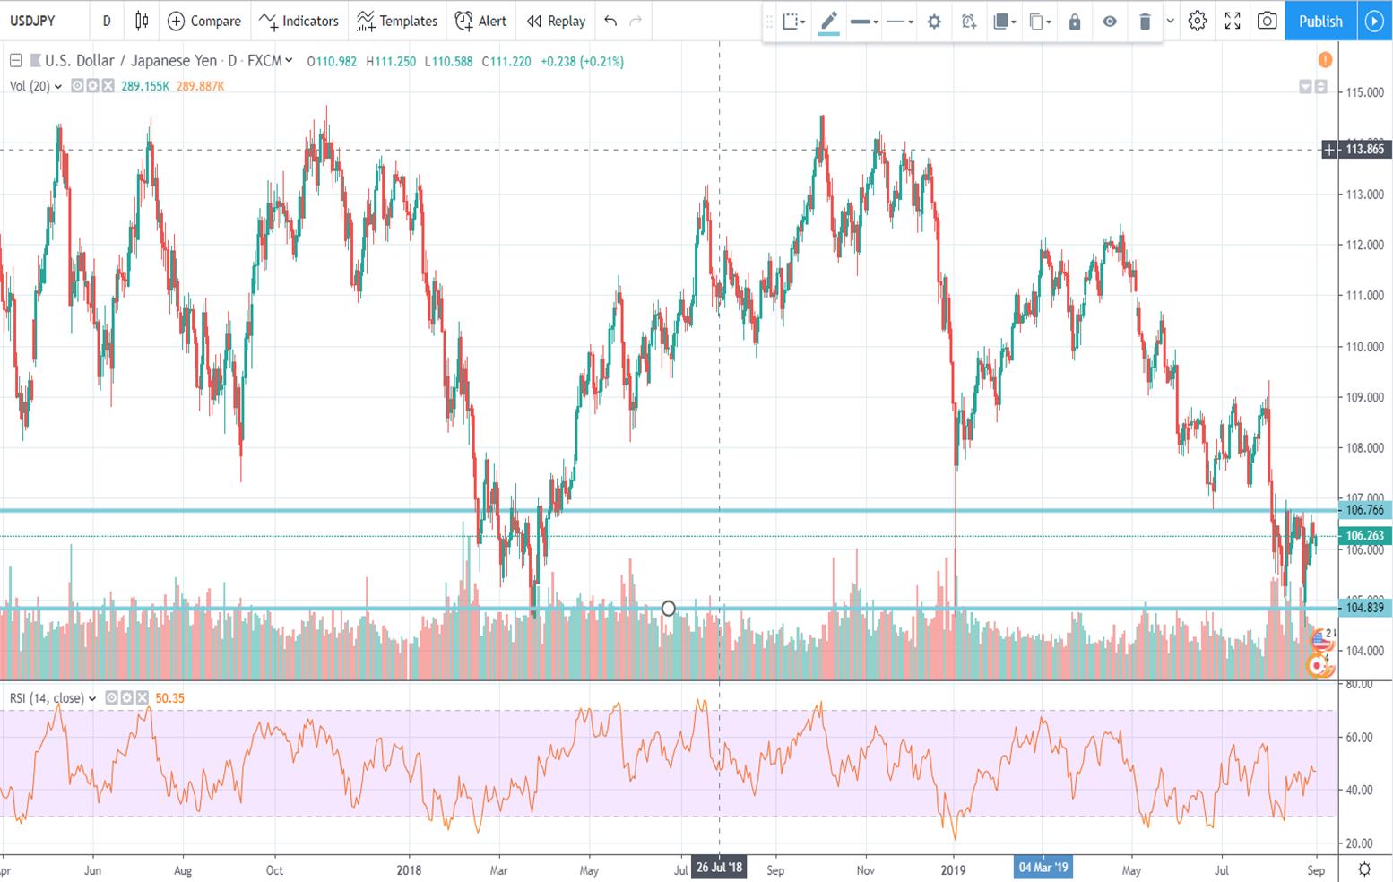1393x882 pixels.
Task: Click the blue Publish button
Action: click(1319, 22)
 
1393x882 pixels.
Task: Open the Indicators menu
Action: click(298, 22)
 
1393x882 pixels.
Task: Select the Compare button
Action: click(204, 22)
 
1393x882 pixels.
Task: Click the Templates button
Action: click(397, 22)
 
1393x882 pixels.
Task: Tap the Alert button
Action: click(480, 22)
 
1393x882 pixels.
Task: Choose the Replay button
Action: click(556, 22)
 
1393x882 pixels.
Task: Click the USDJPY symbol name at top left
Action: click(33, 22)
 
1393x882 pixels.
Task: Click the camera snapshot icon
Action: click(1267, 22)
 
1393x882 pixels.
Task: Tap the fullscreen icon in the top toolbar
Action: click(1233, 22)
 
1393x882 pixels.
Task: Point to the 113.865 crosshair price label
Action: click(1364, 150)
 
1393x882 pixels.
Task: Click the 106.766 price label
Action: click(1364, 510)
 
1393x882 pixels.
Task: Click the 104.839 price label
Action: click(1364, 608)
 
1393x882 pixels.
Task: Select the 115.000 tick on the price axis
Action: click(1364, 92)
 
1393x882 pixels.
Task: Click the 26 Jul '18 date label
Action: click(719, 868)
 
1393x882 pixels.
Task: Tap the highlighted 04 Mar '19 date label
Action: click(1043, 868)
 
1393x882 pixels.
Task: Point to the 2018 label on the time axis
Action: click(409, 870)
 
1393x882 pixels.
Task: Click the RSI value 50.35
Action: click(169, 698)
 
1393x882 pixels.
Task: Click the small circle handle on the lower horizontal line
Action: click(668, 609)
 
